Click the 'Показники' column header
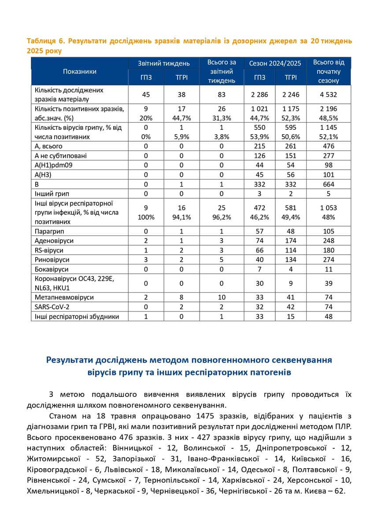click(79, 71)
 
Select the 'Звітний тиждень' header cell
click(164, 63)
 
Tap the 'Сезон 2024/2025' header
click(275, 63)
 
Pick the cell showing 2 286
click(259, 95)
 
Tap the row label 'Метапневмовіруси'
click(62, 297)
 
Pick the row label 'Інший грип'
click(52, 193)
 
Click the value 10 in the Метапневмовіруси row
click(222, 297)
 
